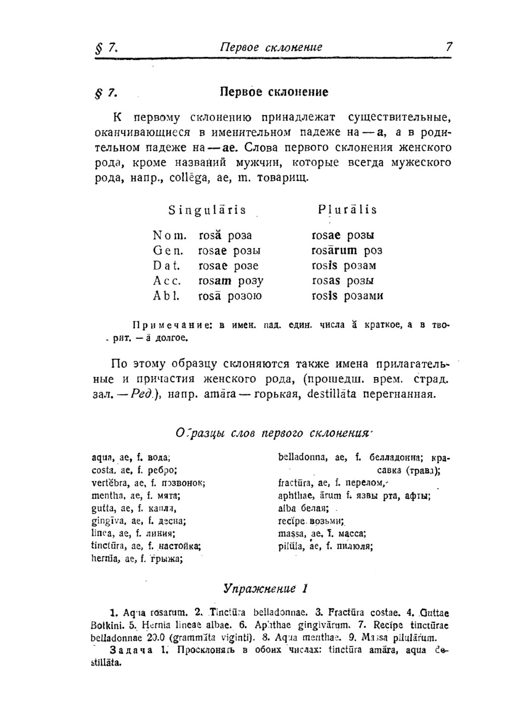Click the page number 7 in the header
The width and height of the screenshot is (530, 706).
pyautogui.click(x=449, y=47)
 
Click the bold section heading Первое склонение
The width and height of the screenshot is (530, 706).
pyautogui.click(x=274, y=92)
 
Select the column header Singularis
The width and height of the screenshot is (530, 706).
pyautogui.click(x=207, y=210)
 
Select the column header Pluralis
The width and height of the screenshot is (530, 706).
pyautogui.click(x=347, y=210)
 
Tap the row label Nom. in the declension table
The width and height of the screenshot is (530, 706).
pyautogui.click(x=170, y=236)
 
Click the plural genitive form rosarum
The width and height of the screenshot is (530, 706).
pyautogui.click(x=334, y=251)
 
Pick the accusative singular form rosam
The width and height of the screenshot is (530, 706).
pyautogui.click(x=215, y=281)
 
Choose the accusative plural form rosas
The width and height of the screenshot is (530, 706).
pyautogui.click(x=326, y=281)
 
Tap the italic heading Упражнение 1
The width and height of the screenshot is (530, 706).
pyautogui.click(x=266, y=589)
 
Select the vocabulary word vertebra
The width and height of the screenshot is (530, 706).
pyautogui.click(x=109, y=483)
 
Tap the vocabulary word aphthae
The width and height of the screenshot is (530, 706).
pyautogui.click(x=294, y=496)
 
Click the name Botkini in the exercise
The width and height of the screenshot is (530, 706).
pyautogui.click(x=108, y=625)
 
